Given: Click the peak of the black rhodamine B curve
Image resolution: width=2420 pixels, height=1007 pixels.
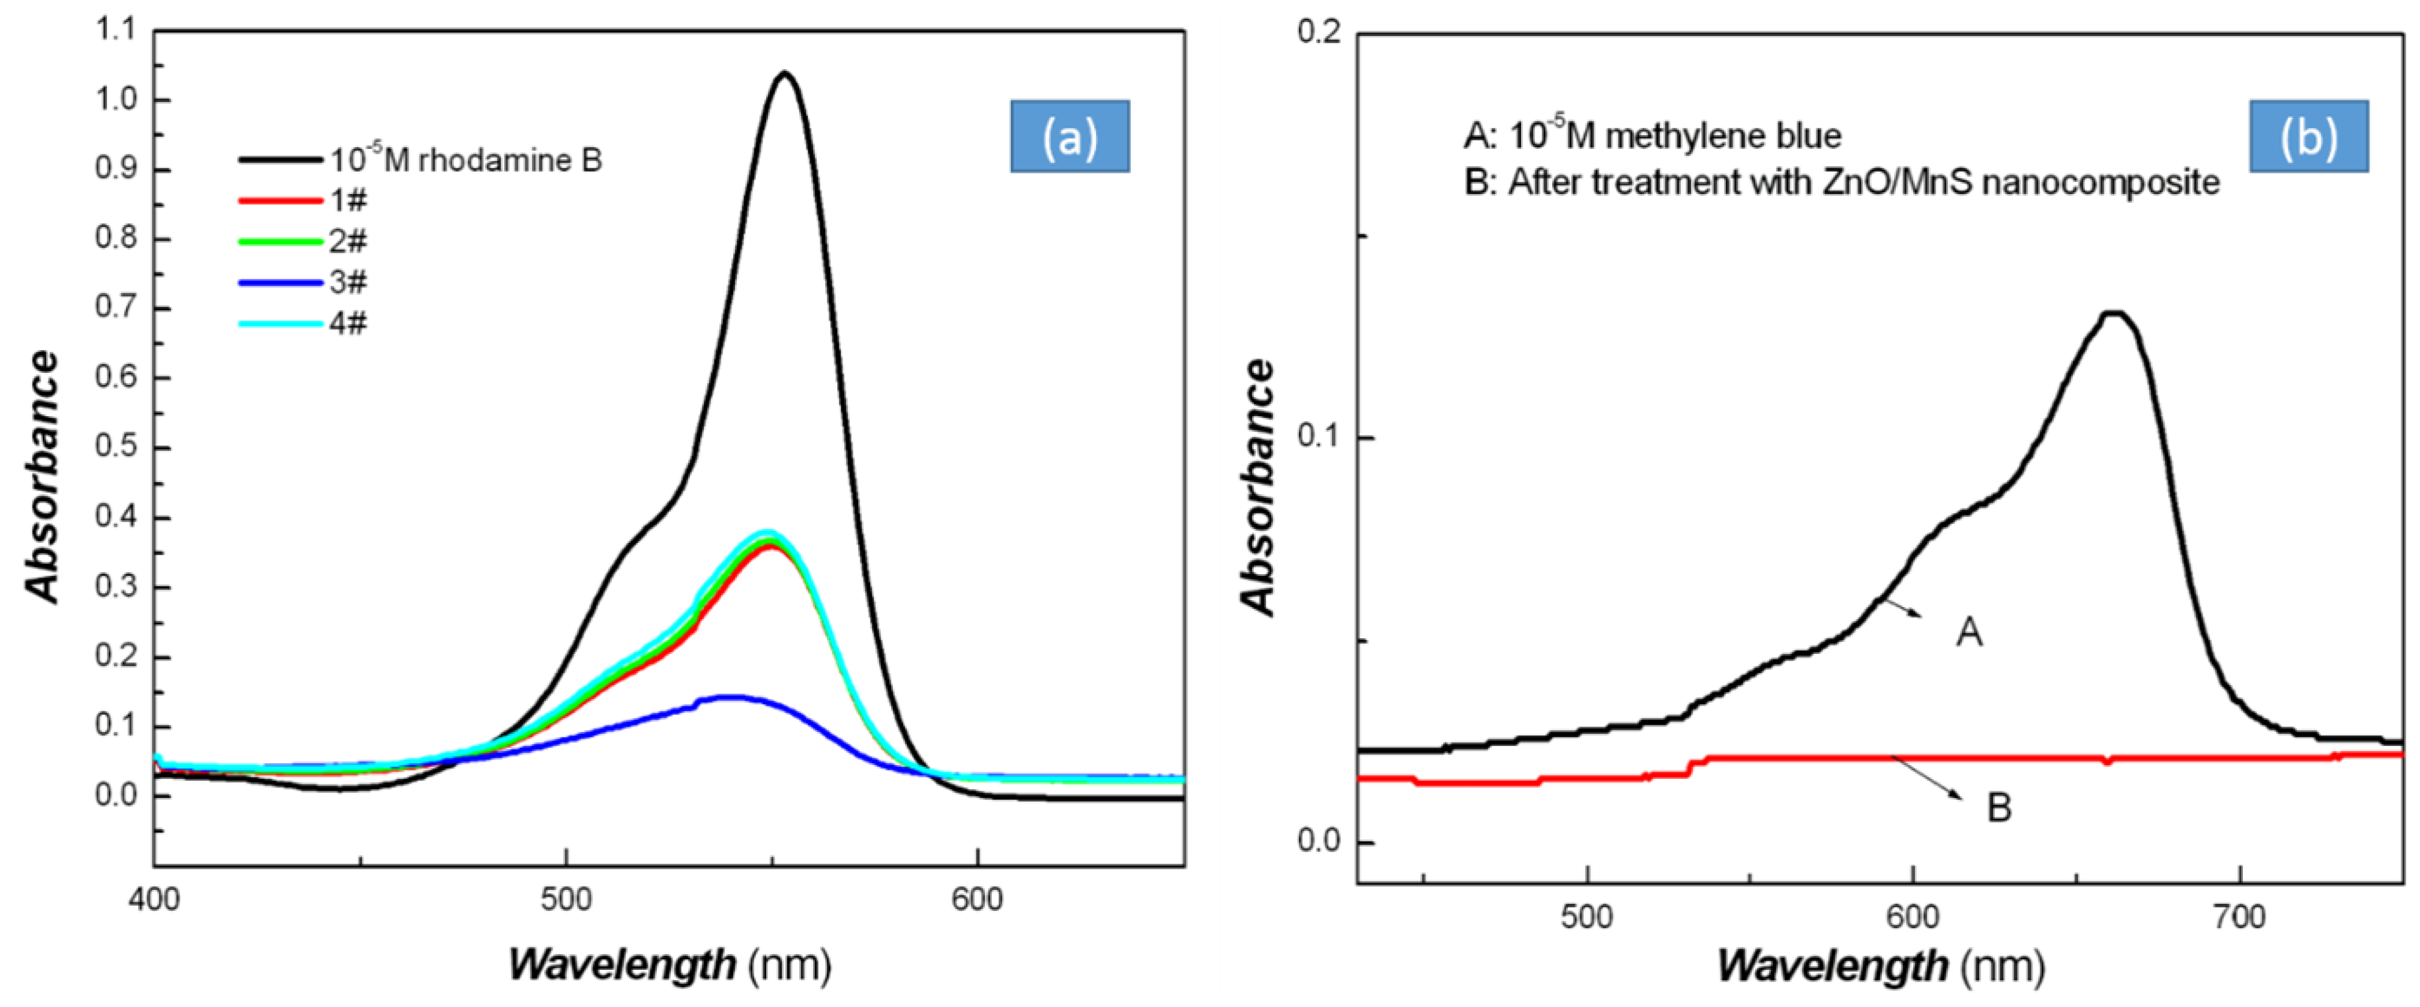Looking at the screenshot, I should pyautogui.click(x=784, y=73).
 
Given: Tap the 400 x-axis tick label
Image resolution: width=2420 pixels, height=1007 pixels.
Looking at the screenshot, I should pyautogui.click(x=154, y=900).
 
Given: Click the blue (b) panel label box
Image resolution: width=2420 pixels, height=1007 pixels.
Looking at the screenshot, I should pyautogui.click(x=2308, y=137).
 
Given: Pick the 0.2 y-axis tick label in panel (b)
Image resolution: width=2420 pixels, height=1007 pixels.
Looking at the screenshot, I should pyautogui.click(x=1320, y=32).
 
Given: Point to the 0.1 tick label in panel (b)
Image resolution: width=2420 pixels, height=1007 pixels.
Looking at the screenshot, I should pyautogui.click(x=1320, y=438).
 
